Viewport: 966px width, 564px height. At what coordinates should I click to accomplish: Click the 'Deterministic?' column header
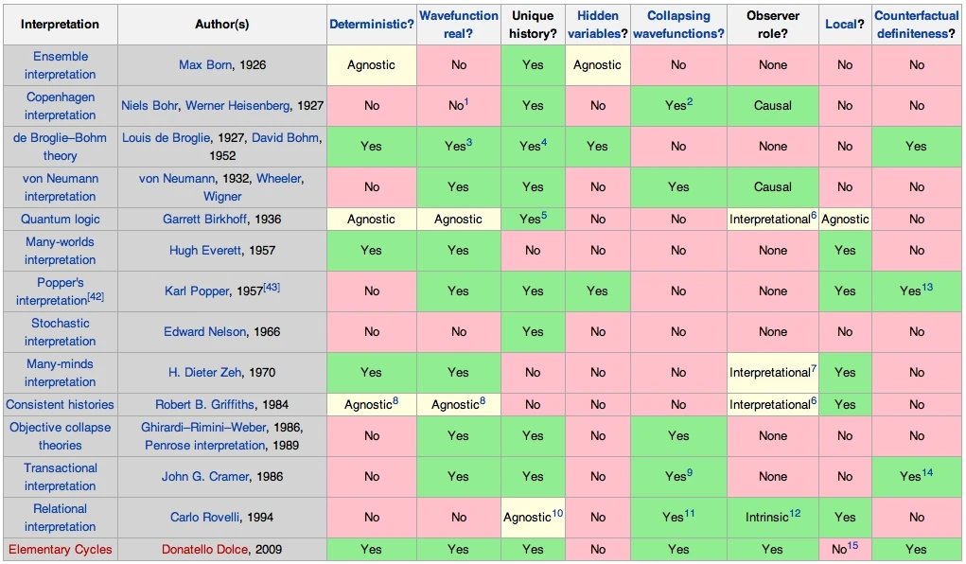pos(371,24)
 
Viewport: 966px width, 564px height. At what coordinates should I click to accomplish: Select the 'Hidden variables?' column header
pos(597,24)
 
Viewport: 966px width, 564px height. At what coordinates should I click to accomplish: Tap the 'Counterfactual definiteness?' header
pos(916,24)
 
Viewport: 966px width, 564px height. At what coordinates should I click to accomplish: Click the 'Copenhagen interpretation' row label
pos(61,106)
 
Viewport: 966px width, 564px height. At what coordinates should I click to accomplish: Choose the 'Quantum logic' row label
pos(60,219)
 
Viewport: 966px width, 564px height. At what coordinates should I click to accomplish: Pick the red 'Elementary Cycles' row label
pos(60,549)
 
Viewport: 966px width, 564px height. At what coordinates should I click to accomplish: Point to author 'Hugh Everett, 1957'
pos(223,251)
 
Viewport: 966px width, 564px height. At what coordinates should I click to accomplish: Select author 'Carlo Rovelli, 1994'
pos(223,518)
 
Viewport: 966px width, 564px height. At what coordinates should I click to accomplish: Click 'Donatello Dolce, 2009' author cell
pos(222,549)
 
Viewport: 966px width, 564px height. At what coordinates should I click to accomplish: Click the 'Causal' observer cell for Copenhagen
pos(773,106)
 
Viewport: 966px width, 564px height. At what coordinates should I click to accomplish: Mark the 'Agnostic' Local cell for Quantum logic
pos(845,219)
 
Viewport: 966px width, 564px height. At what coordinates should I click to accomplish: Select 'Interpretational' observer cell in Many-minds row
pos(770,373)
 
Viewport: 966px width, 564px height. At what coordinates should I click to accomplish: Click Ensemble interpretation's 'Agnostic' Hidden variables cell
pos(597,65)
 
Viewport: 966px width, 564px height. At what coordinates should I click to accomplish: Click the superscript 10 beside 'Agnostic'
pos(558,512)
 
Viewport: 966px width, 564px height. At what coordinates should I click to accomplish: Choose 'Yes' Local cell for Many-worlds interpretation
pos(845,251)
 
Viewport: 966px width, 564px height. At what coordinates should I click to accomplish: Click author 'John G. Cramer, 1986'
pos(223,477)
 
